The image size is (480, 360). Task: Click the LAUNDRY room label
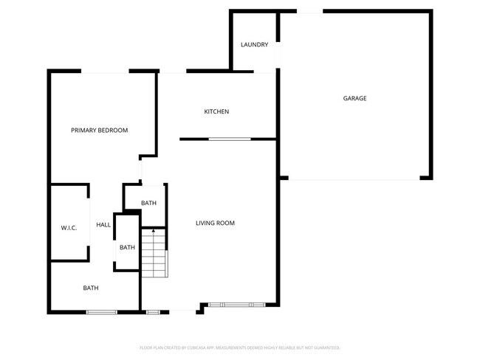point(254,45)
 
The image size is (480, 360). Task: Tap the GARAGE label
point(354,98)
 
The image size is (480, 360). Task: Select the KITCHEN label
point(216,111)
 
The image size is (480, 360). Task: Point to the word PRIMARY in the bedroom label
point(84,131)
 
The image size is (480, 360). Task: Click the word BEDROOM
point(114,131)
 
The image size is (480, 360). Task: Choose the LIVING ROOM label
point(215,223)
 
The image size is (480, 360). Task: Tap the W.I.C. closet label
point(69,228)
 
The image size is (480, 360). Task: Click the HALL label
point(103,224)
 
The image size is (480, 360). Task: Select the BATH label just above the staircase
point(148,203)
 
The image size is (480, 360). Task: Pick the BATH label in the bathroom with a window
point(91,288)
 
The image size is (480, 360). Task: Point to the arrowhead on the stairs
point(154,232)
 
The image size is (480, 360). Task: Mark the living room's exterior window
point(236,305)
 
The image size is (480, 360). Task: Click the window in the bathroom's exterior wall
point(102,312)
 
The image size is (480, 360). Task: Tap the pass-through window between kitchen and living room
point(229,139)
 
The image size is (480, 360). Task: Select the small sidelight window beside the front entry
point(153,312)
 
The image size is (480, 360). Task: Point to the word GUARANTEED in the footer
point(326,347)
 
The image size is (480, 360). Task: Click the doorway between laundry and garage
point(278,56)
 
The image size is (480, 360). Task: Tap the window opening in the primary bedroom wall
point(105,72)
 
